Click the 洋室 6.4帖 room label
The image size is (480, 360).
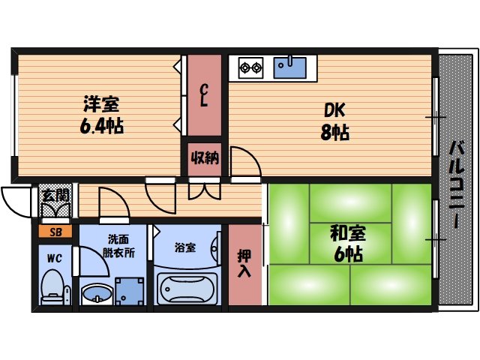point(100,114)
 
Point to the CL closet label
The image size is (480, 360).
point(203,96)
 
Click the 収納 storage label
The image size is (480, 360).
point(203,158)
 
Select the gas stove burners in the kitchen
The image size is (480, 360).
point(250,68)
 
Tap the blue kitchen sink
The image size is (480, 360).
point(290,67)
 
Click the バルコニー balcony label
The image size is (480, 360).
point(456,184)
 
